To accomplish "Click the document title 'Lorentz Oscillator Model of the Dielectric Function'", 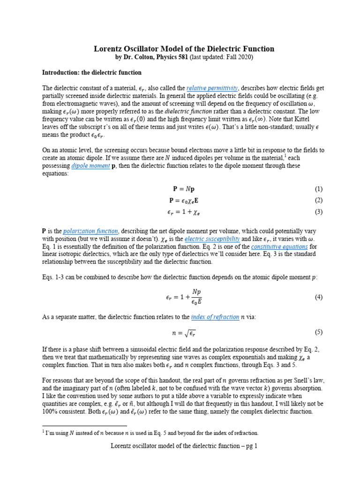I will (x=180, y=49).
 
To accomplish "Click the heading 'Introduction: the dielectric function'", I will (x=91, y=73).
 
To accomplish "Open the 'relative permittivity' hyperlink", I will (x=212, y=88).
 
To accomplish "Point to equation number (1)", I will (x=319, y=189).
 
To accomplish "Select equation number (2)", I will (x=319, y=201).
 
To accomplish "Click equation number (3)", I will (x=319, y=212).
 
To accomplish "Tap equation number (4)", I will (x=319, y=297).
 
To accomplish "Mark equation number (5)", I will (x=319, y=332).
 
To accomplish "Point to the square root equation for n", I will (x=180, y=333).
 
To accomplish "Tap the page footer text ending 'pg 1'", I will (x=180, y=446).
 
